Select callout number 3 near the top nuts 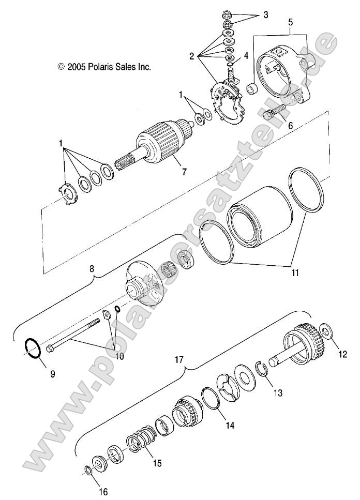[265, 15]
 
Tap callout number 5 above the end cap [290, 23]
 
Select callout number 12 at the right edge [342, 354]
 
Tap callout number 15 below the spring [156, 463]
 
